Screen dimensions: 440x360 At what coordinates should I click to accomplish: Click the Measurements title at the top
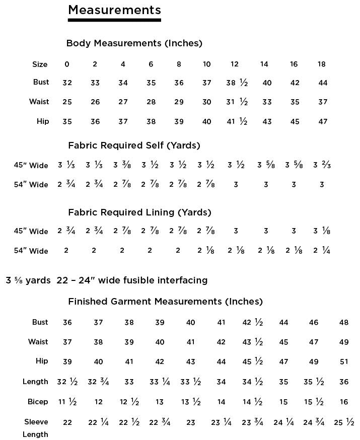[x=114, y=10]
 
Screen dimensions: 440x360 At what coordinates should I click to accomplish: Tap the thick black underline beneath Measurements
[x=114, y=20]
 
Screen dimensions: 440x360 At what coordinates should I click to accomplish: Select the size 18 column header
[x=322, y=64]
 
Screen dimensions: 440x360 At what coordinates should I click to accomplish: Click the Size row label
[x=40, y=64]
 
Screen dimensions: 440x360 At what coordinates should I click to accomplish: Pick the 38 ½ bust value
[x=237, y=83]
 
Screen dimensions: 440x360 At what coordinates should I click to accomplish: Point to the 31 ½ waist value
[x=237, y=102]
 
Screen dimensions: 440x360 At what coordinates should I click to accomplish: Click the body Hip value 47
[x=323, y=121]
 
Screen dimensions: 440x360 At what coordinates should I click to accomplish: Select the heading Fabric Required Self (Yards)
[x=134, y=145]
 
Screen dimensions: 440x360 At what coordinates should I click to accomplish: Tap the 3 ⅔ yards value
[x=322, y=165]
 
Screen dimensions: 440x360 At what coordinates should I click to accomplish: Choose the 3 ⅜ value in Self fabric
[x=123, y=165]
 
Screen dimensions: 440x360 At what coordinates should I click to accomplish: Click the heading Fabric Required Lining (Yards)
[x=139, y=212]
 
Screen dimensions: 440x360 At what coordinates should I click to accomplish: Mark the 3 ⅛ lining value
[x=322, y=231]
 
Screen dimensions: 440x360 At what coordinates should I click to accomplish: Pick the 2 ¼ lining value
[x=322, y=251]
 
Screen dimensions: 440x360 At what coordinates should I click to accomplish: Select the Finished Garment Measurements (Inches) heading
[x=165, y=302]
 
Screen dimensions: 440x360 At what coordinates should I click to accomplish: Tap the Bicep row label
[x=38, y=402]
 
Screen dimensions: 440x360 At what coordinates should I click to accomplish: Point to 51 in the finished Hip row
[x=344, y=361]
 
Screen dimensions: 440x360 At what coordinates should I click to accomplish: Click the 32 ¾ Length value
[x=98, y=382]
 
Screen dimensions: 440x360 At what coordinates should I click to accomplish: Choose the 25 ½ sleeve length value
[x=344, y=422]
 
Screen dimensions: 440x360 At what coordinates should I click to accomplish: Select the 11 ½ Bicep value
[x=67, y=402]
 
